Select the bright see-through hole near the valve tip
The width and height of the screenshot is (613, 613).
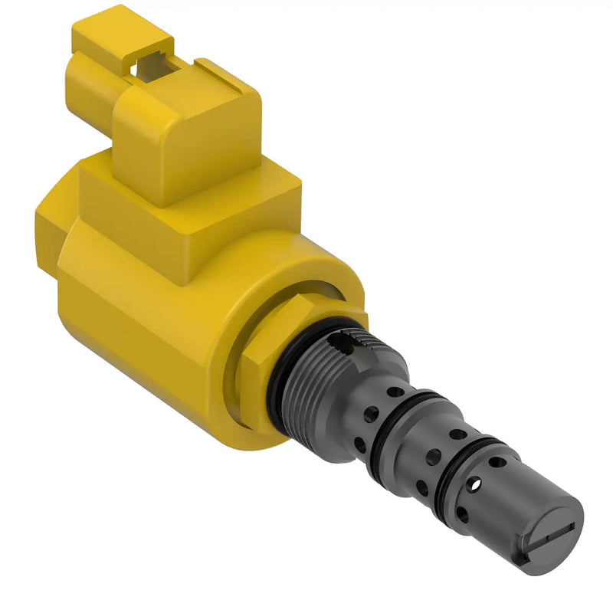point(476,484)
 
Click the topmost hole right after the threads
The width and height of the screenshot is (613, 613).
point(392,392)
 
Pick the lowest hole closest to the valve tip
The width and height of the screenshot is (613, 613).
point(463,514)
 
